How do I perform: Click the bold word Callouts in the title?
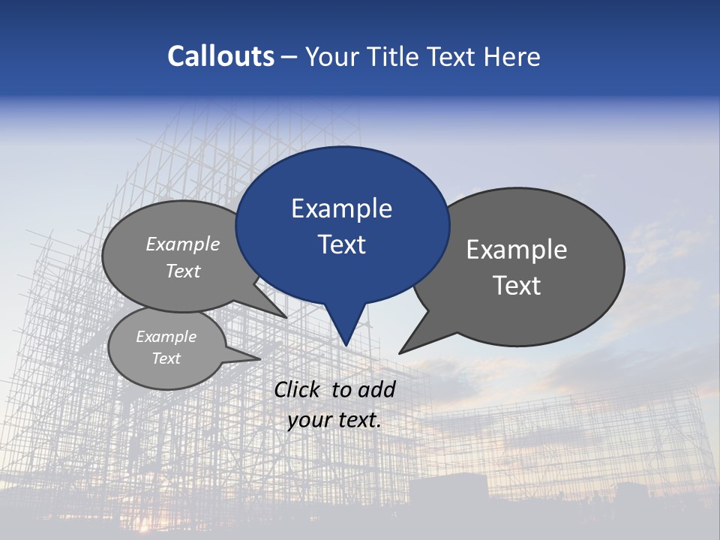point(220,56)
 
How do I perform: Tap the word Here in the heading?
point(514,56)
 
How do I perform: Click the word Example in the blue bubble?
point(341,208)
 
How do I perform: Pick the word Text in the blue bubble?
point(341,244)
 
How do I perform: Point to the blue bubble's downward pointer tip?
point(346,343)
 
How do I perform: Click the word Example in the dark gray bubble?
point(517,250)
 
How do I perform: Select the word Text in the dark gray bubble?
point(517,286)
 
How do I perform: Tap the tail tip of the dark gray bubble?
point(401,352)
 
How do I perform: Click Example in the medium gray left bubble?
point(183,244)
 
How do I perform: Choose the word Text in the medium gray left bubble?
point(183,271)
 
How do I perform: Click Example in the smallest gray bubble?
point(166,337)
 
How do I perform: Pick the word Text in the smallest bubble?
point(166,358)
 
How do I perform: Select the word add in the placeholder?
point(376,389)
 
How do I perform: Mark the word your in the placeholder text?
point(310,420)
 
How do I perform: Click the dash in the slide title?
point(289,57)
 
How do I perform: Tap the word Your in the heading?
point(330,56)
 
